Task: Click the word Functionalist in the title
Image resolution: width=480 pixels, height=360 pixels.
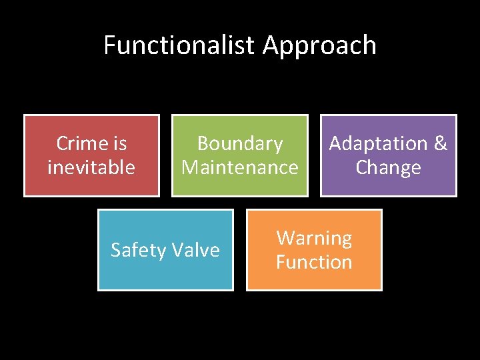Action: [x=179, y=45]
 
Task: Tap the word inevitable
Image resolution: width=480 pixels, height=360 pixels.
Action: [x=91, y=167]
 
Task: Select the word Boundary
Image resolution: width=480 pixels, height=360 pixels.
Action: [x=240, y=143]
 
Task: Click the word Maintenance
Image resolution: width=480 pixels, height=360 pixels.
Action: [x=240, y=167]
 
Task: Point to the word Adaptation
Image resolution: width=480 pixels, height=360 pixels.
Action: [x=378, y=144]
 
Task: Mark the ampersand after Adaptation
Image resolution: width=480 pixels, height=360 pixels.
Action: [x=440, y=143]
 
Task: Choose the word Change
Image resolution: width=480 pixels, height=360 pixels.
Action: [x=388, y=167]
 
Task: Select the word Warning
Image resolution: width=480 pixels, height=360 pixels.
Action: [x=314, y=238]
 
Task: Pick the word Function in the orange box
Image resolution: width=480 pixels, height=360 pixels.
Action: [x=314, y=261]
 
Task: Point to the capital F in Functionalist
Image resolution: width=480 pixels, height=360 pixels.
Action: [x=110, y=45]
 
